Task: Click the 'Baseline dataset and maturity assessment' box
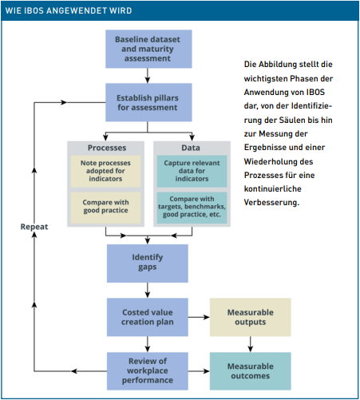point(148,49)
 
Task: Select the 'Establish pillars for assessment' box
point(148,102)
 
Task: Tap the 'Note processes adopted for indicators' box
point(105,171)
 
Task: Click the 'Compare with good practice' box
point(105,208)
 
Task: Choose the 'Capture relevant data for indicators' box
point(192,171)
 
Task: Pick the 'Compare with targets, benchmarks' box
point(192,208)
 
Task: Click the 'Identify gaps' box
point(148,263)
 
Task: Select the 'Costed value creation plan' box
point(148,317)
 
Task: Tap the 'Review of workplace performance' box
point(148,371)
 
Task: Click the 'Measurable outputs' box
point(251,317)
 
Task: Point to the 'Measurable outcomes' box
point(251,371)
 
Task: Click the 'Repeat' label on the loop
point(34,227)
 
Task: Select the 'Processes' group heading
point(107,148)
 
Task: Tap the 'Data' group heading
point(191,148)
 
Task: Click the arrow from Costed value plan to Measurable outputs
point(199,317)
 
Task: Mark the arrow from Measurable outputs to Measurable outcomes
point(251,344)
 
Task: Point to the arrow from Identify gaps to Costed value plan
point(148,291)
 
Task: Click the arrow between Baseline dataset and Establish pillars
point(148,76)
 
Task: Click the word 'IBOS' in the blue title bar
point(34,10)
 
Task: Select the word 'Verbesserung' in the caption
point(271,203)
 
